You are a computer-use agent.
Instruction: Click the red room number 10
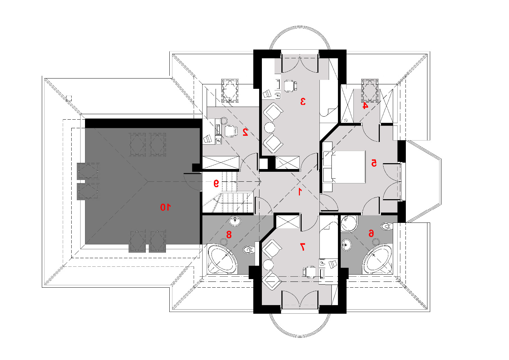166,207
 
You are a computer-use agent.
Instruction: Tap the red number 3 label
303,101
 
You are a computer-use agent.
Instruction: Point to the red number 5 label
374,163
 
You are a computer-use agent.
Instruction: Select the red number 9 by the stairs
216,183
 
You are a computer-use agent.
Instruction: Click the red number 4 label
365,106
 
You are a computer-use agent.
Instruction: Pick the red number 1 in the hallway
300,192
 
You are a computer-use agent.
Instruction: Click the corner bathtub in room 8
223,259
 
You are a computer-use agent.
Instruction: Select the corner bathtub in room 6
377,259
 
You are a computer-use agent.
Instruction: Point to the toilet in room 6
387,226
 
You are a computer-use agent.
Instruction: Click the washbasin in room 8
235,220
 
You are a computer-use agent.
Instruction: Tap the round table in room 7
268,265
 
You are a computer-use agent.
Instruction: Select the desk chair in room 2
231,131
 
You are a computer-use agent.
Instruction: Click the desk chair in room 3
291,86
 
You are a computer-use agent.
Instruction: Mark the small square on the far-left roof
69,98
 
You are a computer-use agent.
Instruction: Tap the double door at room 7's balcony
300,300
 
